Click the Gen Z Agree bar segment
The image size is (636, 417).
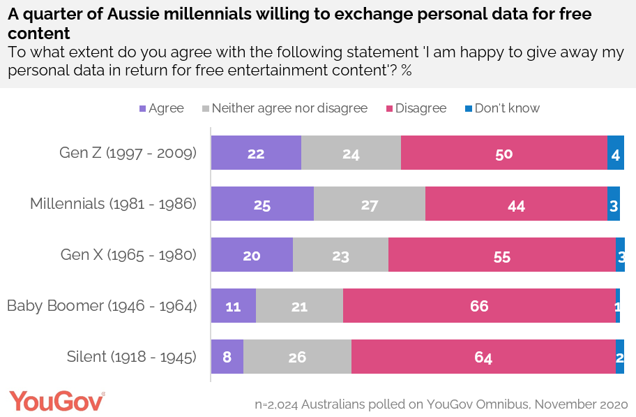pyautogui.click(x=256, y=153)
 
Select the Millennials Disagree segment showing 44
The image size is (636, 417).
pyautogui.click(x=516, y=205)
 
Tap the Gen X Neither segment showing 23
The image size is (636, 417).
pyautogui.click(x=340, y=256)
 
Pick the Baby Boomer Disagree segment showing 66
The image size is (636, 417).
pyautogui.click(x=479, y=307)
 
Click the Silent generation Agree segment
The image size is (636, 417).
pyautogui.click(x=227, y=357)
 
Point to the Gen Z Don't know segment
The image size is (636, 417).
pyautogui.click(x=616, y=153)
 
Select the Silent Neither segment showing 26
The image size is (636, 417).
pyautogui.click(x=297, y=357)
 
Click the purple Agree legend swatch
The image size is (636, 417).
pyautogui.click(x=143, y=108)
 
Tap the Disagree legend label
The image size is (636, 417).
pyautogui.click(x=421, y=108)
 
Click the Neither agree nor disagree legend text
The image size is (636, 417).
pyautogui.click(x=289, y=108)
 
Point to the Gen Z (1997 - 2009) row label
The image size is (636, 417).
pyautogui.click(x=128, y=153)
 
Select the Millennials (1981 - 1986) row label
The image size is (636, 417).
pyautogui.click(x=113, y=205)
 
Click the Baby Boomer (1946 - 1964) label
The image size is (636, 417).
pyautogui.click(x=102, y=307)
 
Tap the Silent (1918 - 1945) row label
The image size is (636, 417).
pyautogui.click(x=131, y=357)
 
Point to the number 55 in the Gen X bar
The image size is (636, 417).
pyautogui.click(x=502, y=256)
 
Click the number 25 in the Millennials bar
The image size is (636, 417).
pyautogui.click(x=262, y=205)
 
